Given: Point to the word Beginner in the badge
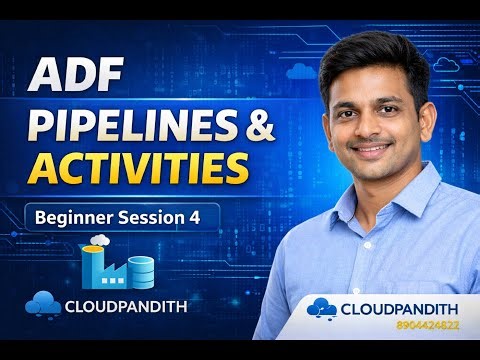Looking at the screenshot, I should point(72,216).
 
